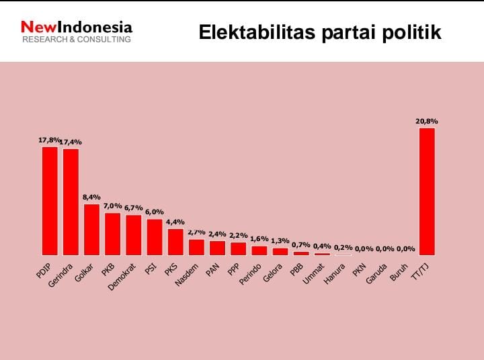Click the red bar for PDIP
point(50,201)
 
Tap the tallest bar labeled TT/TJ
point(427,191)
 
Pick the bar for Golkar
point(91,229)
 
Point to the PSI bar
point(155,237)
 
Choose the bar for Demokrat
point(134,235)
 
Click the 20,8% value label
point(427,122)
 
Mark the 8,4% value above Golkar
point(91,197)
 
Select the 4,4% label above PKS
point(175,222)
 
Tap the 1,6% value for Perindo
point(259,239)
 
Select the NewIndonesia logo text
point(77,28)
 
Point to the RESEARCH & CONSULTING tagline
point(77,40)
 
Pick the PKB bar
point(113,234)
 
